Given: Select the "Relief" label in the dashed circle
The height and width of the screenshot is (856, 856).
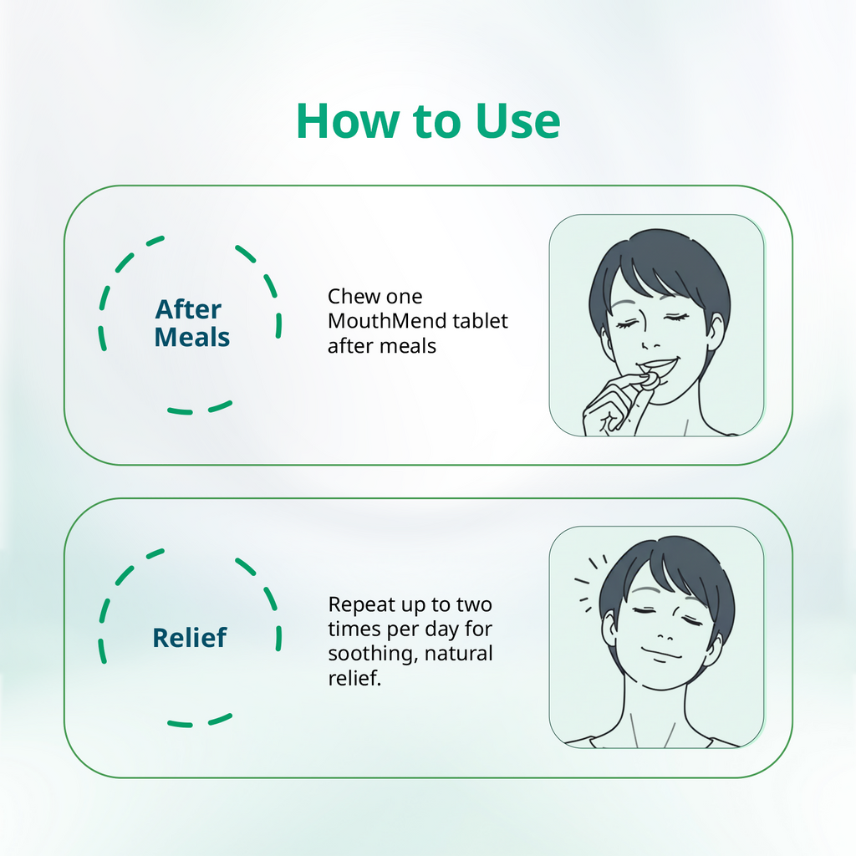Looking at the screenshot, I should click(189, 638).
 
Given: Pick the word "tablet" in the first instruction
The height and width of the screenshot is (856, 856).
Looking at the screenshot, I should click(481, 321).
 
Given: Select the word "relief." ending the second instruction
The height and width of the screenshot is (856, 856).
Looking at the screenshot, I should click(354, 678).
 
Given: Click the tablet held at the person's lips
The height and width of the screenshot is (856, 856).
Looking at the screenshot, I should click(650, 380).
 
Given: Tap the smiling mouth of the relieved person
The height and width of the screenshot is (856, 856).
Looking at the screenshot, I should click(661, 653).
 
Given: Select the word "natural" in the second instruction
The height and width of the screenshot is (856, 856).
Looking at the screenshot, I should click(459, 653).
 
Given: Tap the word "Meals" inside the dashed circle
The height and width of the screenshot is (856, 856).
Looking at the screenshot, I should click(192, 338).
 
